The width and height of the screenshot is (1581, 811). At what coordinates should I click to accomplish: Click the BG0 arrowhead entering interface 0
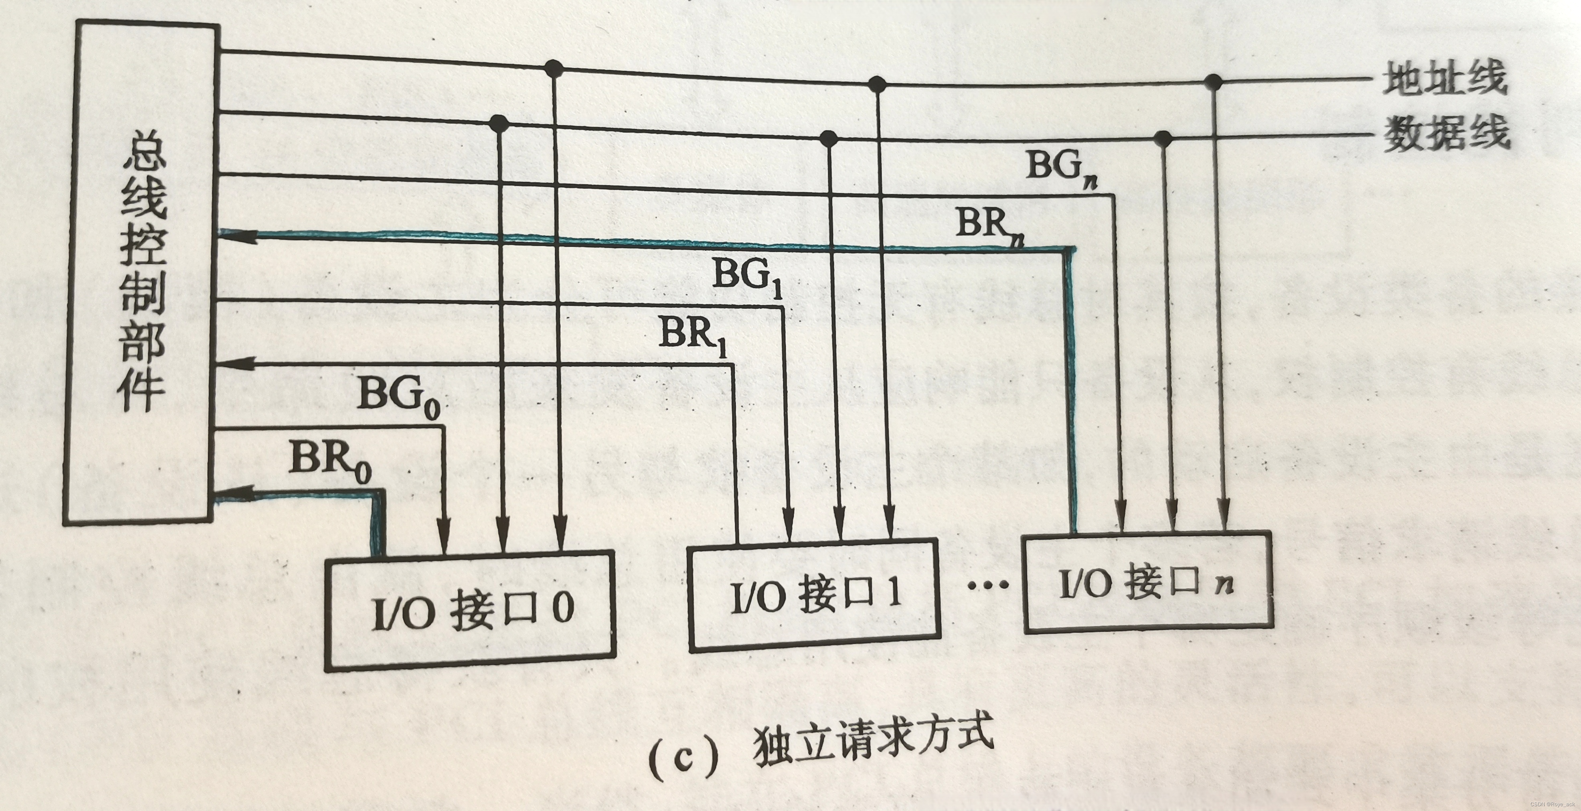click(443, 540)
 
